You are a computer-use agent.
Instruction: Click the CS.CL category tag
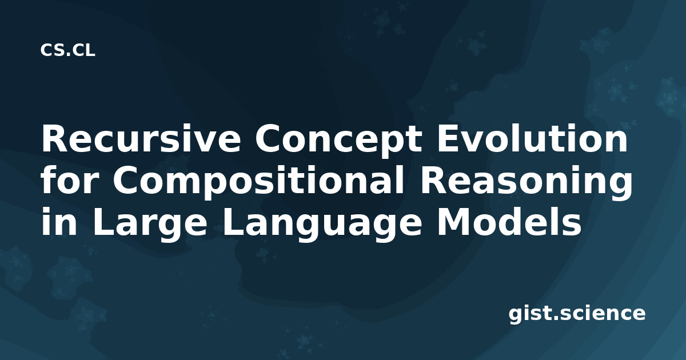(x=67, y=50)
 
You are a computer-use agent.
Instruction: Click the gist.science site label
(x=577, y=314)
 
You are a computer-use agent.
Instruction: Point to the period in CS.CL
(x=69, y=54)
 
